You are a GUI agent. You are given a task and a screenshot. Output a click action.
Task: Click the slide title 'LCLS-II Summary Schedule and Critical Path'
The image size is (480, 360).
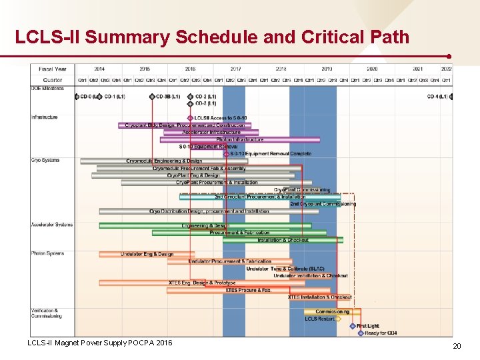pyautogui.click(x=212, y=37)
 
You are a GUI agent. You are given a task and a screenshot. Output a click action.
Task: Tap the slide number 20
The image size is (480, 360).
pyautogui.click(x=457, y=346)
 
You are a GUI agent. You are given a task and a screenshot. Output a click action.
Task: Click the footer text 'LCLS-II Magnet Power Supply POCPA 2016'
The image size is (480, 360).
pyautogui.click(x=99, y=343)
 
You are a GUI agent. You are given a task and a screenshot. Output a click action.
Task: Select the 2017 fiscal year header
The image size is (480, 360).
pyautogui.click(x=236, y=69)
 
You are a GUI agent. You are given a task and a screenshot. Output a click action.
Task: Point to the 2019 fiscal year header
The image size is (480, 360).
pyautogui.click(x=327, y=69)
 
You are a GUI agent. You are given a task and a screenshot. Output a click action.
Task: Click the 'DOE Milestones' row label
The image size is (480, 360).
pyautogui.click(x=48, y=89)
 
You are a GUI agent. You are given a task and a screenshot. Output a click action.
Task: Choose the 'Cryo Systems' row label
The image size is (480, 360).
pyautogui.click(x=45, y=160)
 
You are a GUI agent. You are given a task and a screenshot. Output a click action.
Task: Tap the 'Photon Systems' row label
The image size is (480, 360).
pyautogui.click(x=47, y=253)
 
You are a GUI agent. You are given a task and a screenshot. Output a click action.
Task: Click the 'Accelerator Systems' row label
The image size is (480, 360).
pyautogui.click(x=52, y=225)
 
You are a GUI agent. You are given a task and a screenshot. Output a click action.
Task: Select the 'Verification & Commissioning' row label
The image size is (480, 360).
pyautogui.click(x=46, y=313)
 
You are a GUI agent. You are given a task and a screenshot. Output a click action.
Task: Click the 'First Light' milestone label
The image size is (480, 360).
pyautogui.click(x=367, y=326)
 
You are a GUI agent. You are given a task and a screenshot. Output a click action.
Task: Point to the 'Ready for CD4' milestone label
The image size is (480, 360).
pyautogui.click(x=381, y=333)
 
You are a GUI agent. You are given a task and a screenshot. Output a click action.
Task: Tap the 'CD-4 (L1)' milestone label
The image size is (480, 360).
pyautogui.click(x=438, y=97)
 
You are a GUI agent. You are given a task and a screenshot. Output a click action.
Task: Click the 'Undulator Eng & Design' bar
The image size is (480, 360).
pyautogui.click(x=147, y=254)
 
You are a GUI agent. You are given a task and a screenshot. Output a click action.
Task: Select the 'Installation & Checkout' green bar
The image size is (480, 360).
pyautogui.click(x=283, y=240)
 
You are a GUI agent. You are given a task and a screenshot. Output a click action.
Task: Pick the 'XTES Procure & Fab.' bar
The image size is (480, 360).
pyautogui.click(x=248, y=290)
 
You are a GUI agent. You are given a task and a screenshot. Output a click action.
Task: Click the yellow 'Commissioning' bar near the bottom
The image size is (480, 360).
pyautogui.click(x=332, y=311)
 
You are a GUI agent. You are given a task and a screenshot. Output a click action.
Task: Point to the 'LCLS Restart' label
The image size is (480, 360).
pyautogui.click(x=319, y=319)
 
